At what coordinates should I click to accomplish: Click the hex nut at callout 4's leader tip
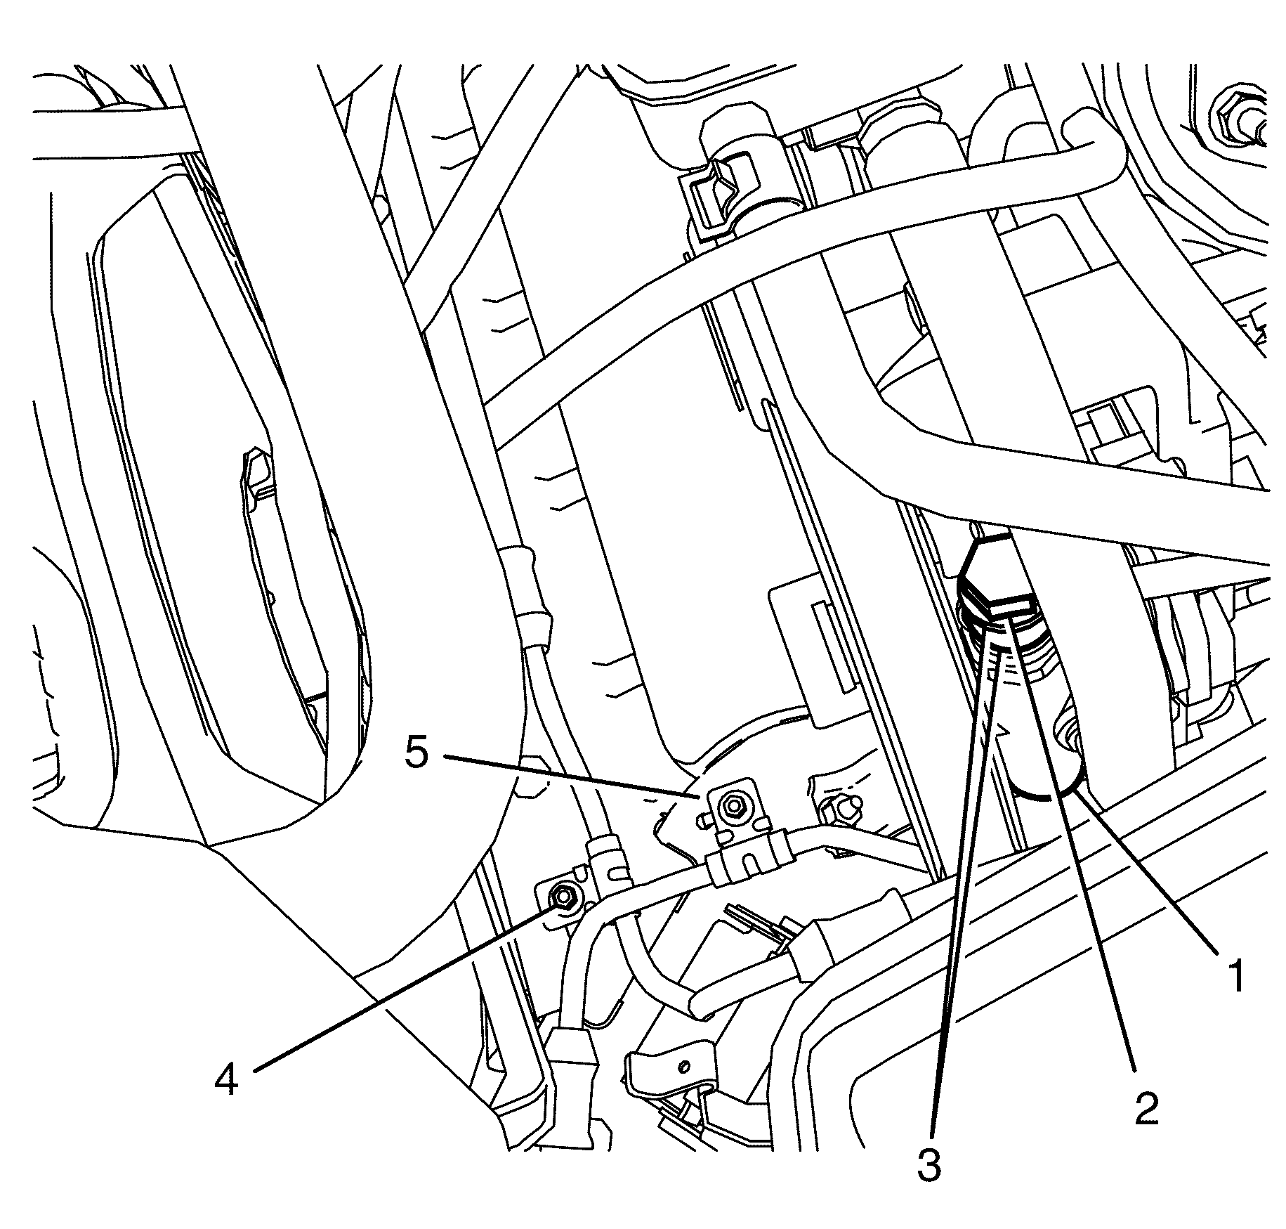(x=562, y=896)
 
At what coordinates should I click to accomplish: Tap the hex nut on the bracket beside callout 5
(x=735, y=805)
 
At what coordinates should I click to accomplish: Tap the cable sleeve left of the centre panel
(x=530, y=597)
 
